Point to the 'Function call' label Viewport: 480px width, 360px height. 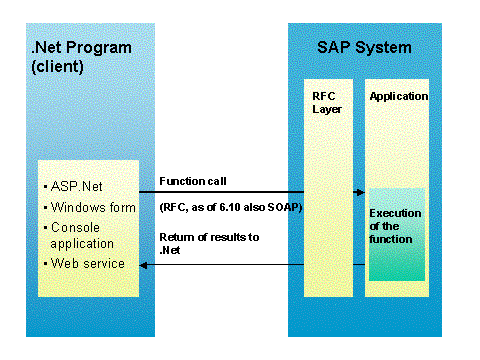[193, 181]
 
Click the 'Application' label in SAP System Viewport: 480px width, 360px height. [398, 96]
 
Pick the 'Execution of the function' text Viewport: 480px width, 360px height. [395, 226]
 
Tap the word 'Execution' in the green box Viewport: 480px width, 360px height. [395, 213]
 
